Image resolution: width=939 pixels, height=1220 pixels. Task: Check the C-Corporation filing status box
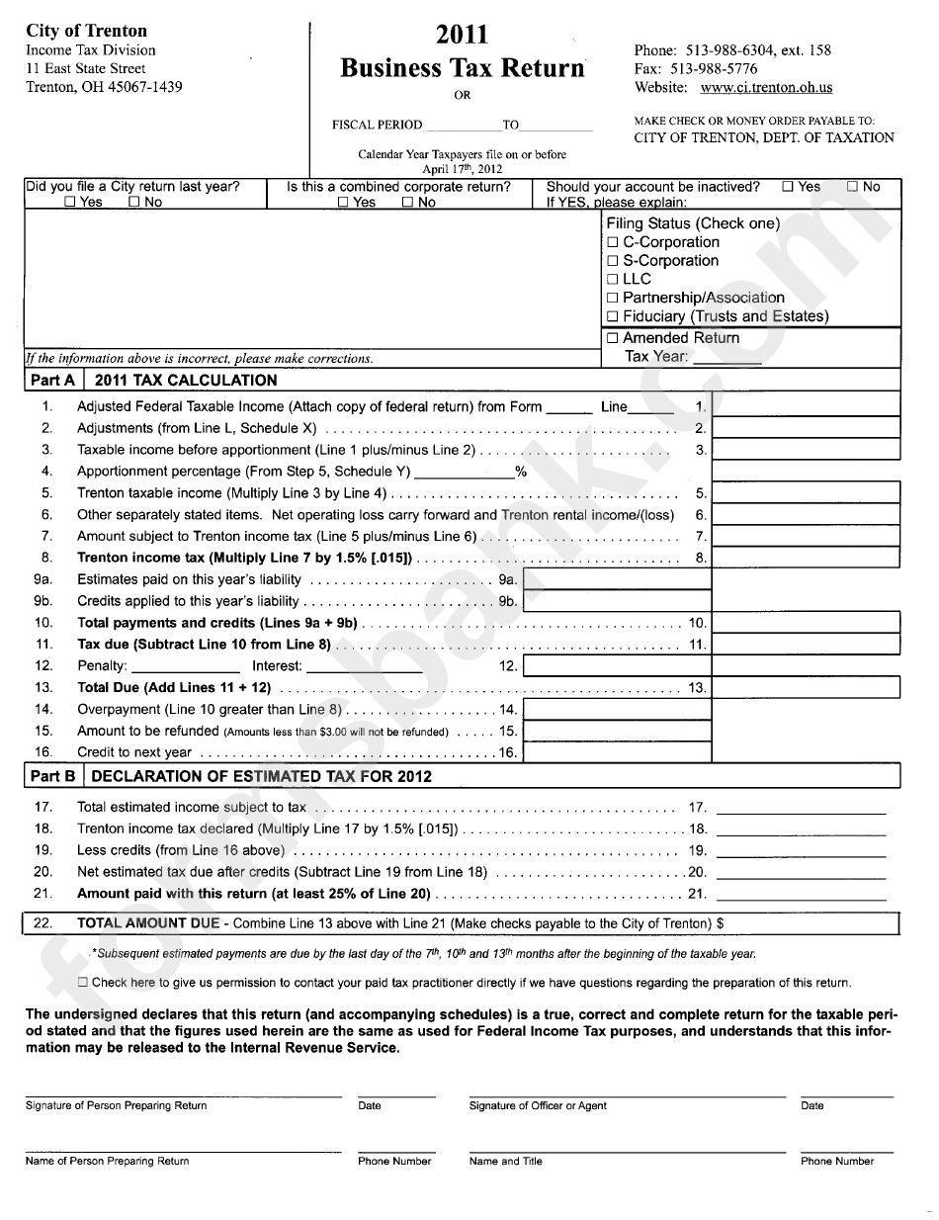coord(613,242)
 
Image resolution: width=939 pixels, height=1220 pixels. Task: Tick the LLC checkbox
coord(613,280)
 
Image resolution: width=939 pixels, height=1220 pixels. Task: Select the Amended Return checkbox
coord(613,338)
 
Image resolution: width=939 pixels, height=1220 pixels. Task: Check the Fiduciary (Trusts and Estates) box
coord(613,317)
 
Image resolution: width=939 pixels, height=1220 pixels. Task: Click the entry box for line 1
coord(806,405)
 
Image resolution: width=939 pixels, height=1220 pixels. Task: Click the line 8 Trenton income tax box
coord(806,558)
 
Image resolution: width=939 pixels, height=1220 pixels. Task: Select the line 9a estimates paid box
coord(616,579)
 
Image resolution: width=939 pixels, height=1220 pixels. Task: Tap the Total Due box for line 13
coord(806,687)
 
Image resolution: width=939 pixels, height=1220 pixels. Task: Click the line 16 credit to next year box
coord(616,752)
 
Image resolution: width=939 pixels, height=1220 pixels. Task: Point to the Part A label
coord(53,380)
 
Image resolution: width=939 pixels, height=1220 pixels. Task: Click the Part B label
coord(53,776)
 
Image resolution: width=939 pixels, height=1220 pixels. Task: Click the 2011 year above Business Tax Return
coord(462,36)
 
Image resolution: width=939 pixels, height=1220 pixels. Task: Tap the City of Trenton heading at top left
coord(86,31)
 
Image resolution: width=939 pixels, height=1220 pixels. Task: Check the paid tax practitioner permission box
coord(83,983)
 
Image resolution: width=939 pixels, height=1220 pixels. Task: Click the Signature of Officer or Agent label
coord(538,1105)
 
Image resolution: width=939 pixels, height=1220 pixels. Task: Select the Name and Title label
coord(505,1161)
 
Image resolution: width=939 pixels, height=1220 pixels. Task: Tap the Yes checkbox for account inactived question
coord(787,187)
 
